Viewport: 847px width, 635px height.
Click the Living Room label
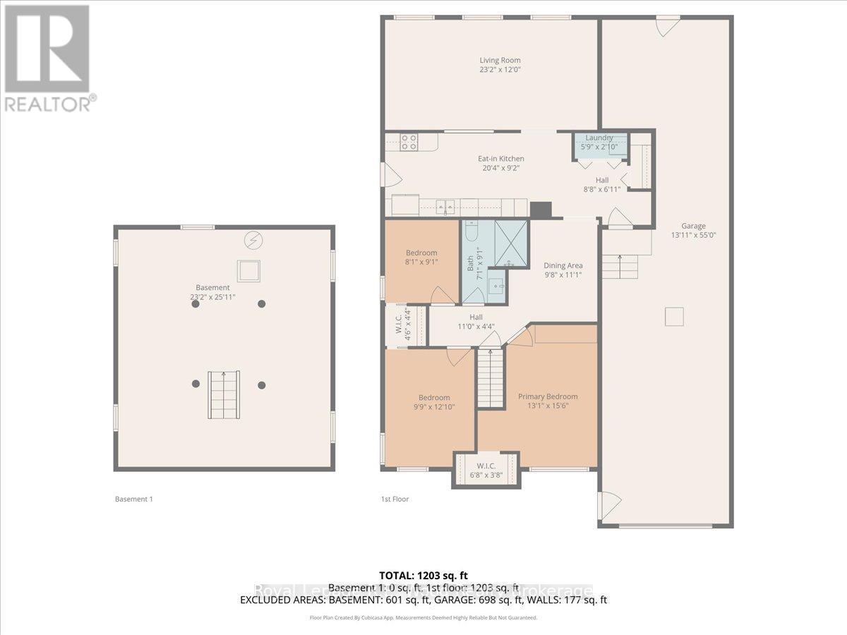500,60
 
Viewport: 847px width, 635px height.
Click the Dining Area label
563,265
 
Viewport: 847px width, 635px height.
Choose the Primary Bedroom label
548,397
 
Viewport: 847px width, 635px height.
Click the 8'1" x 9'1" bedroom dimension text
421,262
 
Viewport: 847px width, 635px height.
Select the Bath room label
471,263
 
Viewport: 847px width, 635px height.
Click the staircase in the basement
223,395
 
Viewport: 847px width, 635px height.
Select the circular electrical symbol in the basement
252,241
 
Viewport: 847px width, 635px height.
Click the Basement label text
212,287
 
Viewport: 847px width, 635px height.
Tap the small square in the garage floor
675,317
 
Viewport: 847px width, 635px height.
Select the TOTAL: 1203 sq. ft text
423,576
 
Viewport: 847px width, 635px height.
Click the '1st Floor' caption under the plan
395,499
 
